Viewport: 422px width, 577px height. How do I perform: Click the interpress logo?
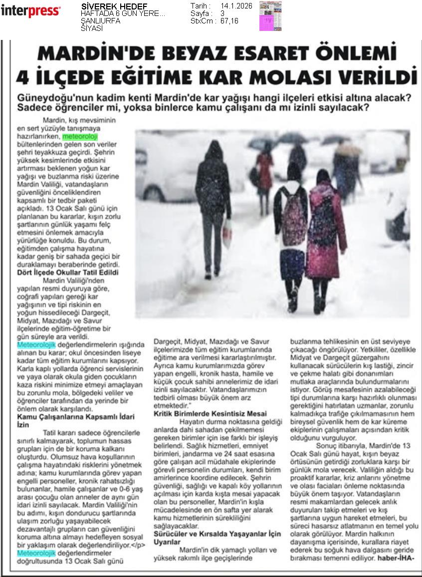coord(30,10)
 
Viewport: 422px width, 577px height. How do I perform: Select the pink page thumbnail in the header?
coord(270,15)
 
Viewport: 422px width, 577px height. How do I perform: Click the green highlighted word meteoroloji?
coord(80,136)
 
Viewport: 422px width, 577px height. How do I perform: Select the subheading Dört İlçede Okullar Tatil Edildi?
coord(68,273)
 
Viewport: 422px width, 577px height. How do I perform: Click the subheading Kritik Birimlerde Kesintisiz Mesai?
coord(210,413)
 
